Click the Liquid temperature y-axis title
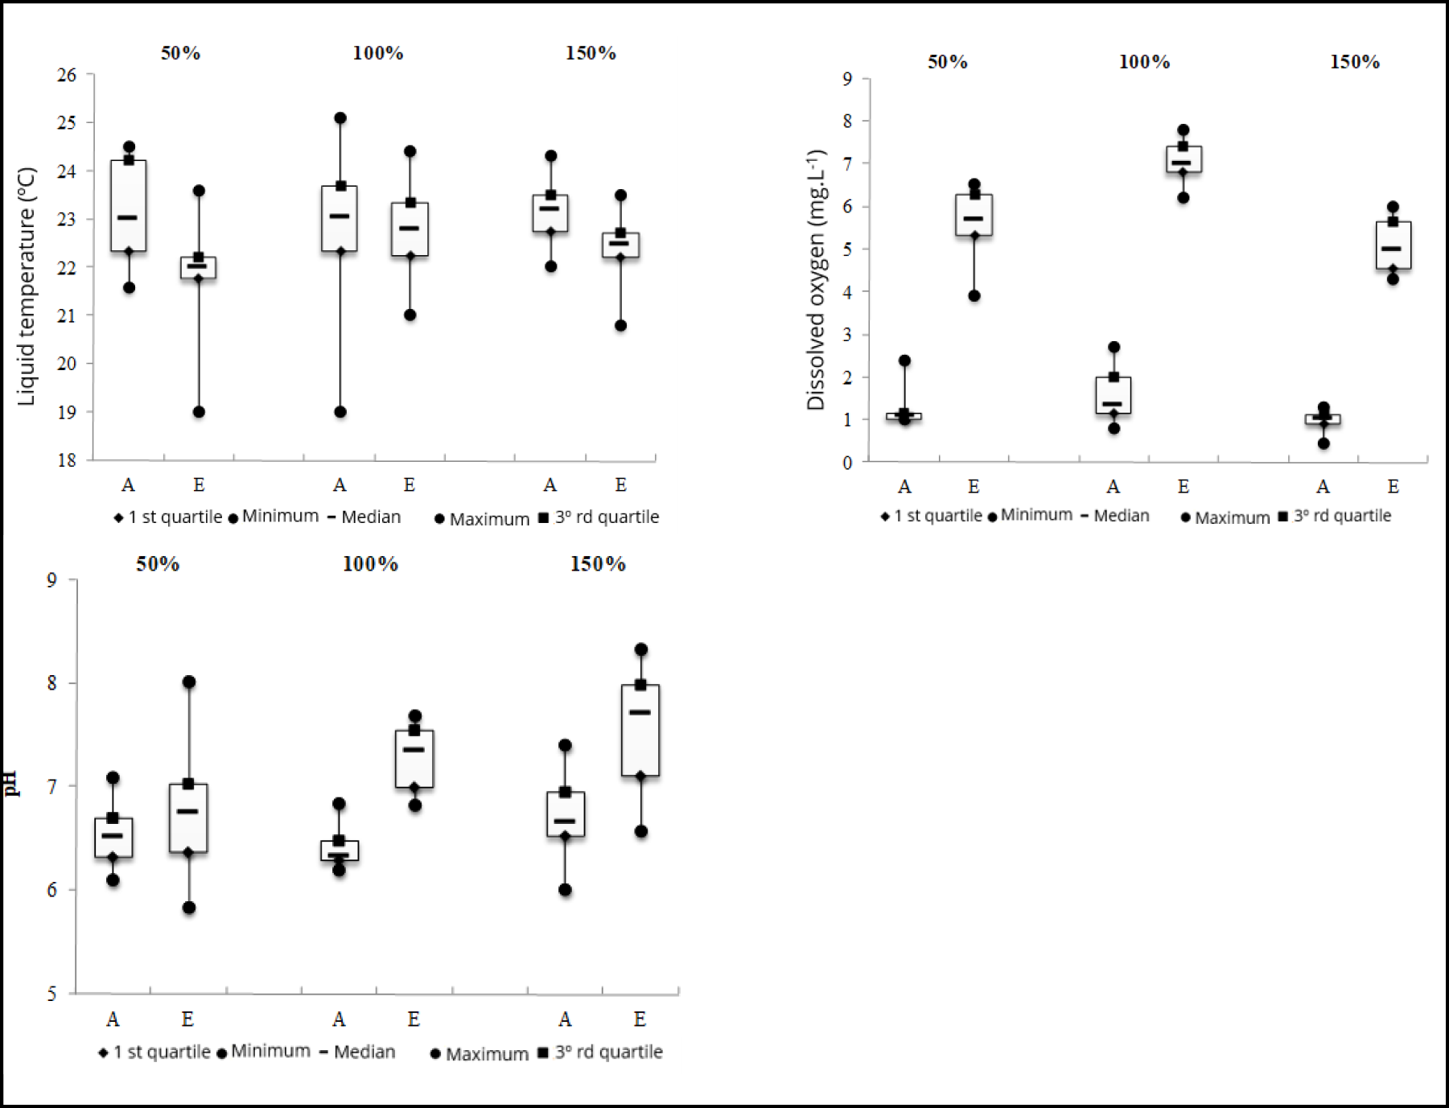tap(27, 286)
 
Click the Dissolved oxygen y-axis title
tap(816, 279)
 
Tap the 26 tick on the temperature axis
tap(67, 75)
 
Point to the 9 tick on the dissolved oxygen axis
tap(847, 79)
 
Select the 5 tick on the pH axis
tap(51, 994)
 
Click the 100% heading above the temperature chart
tap(377, 53)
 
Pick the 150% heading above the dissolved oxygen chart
tap(1354, 62)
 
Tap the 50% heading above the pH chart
tap(158, 564)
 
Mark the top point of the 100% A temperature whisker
tap(340, 118)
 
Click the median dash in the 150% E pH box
tap(640, 712)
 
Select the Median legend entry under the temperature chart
tap(364, 517)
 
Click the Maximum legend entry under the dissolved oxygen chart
tap(1225, 517)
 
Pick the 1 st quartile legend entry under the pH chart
tap(154, 1052)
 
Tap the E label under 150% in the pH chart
tap(640, 1019)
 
